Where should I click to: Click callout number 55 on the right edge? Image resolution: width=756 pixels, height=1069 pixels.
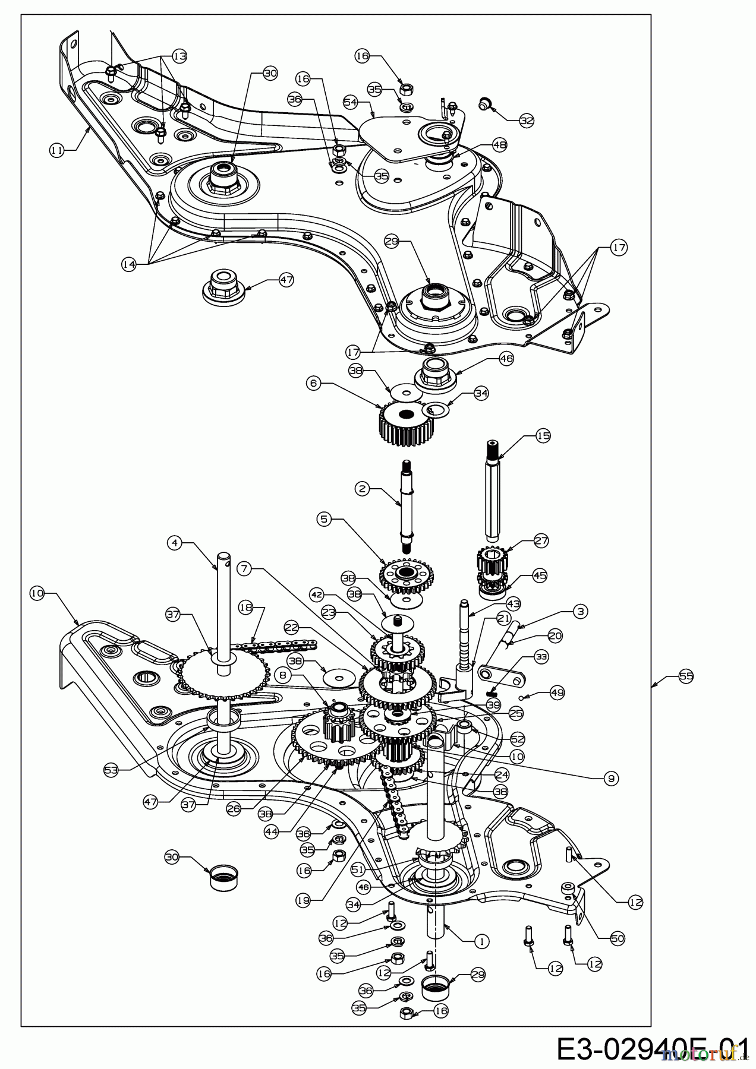(x=686, y=676)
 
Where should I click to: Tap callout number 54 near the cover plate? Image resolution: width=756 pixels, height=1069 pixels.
(x=351, y=102)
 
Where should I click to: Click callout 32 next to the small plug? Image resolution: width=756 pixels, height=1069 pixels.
(x=527, y=121)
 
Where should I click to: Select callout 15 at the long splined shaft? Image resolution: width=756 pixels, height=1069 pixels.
(x=543, y=436)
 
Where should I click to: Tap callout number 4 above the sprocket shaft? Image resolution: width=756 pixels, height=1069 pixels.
(x=174, y=542)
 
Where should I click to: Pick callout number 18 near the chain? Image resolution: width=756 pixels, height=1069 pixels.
(x=245, y=607)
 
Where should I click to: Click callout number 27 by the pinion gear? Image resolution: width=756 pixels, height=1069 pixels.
(x=541, y=541)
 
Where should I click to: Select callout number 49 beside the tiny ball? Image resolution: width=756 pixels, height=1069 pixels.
(x=557, y=692)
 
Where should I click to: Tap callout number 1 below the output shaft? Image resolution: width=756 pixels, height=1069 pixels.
(x=482, y=941)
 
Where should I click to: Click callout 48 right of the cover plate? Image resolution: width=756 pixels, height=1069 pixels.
(x=499, y=144)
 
